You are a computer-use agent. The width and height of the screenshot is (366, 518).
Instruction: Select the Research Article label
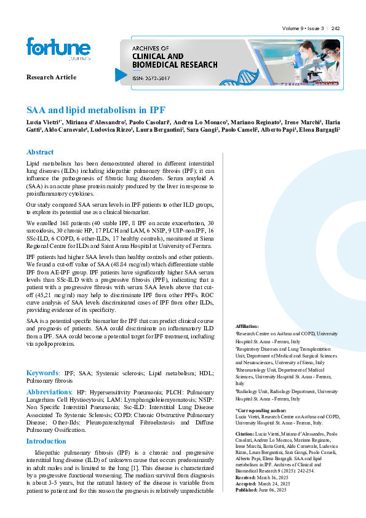(51, 77)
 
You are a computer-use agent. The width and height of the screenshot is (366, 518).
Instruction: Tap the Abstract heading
(39, 152)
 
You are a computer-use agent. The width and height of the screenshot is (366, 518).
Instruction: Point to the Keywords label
(42, 373)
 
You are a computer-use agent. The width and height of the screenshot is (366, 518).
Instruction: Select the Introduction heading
(46, 441)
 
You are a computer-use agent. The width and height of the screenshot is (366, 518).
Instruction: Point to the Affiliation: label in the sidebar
(247, 326)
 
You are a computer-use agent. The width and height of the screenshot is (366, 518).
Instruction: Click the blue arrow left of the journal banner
(121, 74)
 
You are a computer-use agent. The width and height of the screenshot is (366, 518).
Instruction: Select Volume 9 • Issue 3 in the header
(303, 29)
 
